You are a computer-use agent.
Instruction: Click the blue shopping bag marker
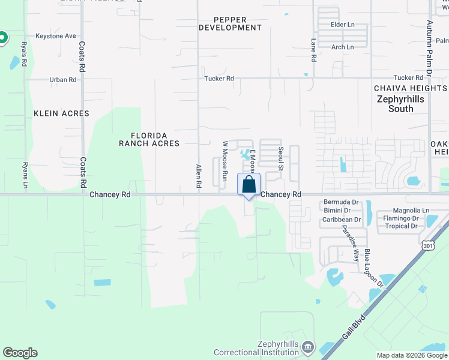[249, 185]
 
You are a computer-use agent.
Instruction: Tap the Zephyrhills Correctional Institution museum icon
[307, 347]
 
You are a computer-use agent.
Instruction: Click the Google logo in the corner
[20, 353]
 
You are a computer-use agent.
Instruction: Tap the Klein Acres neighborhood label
[61, 113]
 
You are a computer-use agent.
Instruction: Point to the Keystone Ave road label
[56, 36]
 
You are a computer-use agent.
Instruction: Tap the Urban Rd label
[63, 79]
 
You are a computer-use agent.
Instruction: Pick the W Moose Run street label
[225, 161]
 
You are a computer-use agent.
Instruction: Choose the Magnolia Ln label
[411, 211]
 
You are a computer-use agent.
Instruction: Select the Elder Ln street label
[342, 25]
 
